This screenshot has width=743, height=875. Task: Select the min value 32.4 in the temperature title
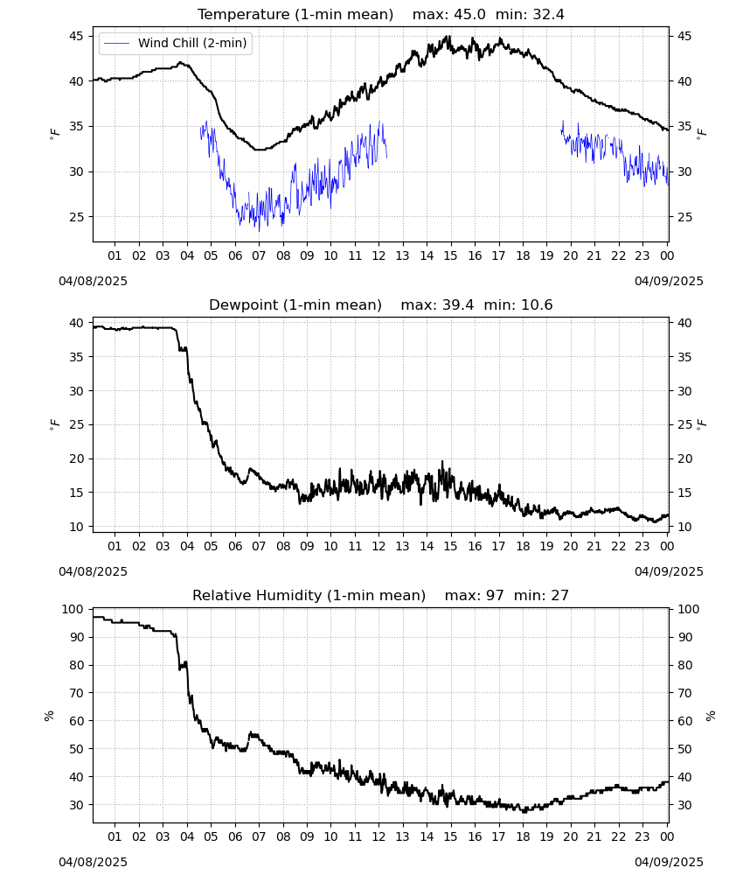[548, 15]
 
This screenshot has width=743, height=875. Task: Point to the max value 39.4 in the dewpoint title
[458, 305]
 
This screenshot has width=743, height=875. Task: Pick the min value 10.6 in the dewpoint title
[537, 305]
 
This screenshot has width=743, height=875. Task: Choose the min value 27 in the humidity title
[559, 595]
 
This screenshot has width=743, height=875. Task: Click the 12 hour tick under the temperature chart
[379, 255]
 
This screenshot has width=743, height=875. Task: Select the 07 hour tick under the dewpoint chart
[259, 546]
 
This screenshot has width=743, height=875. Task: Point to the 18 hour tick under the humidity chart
[523, 836]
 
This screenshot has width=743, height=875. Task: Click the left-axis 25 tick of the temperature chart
[76, 217]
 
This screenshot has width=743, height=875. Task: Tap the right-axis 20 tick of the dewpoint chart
[684, 458]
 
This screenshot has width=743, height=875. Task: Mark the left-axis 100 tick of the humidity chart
[73, 609]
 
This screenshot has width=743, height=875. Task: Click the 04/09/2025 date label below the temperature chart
[669, 281]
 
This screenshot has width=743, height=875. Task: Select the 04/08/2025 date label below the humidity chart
[93, 862]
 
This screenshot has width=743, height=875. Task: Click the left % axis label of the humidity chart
[49, 716]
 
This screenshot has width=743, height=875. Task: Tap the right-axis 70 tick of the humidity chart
[684, 693]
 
